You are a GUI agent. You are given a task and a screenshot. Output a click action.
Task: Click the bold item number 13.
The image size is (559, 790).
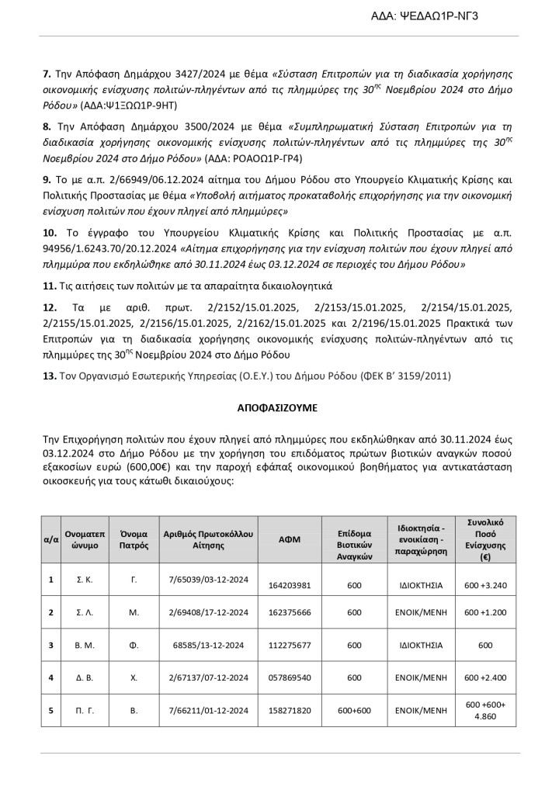click(x=49, y=376)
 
